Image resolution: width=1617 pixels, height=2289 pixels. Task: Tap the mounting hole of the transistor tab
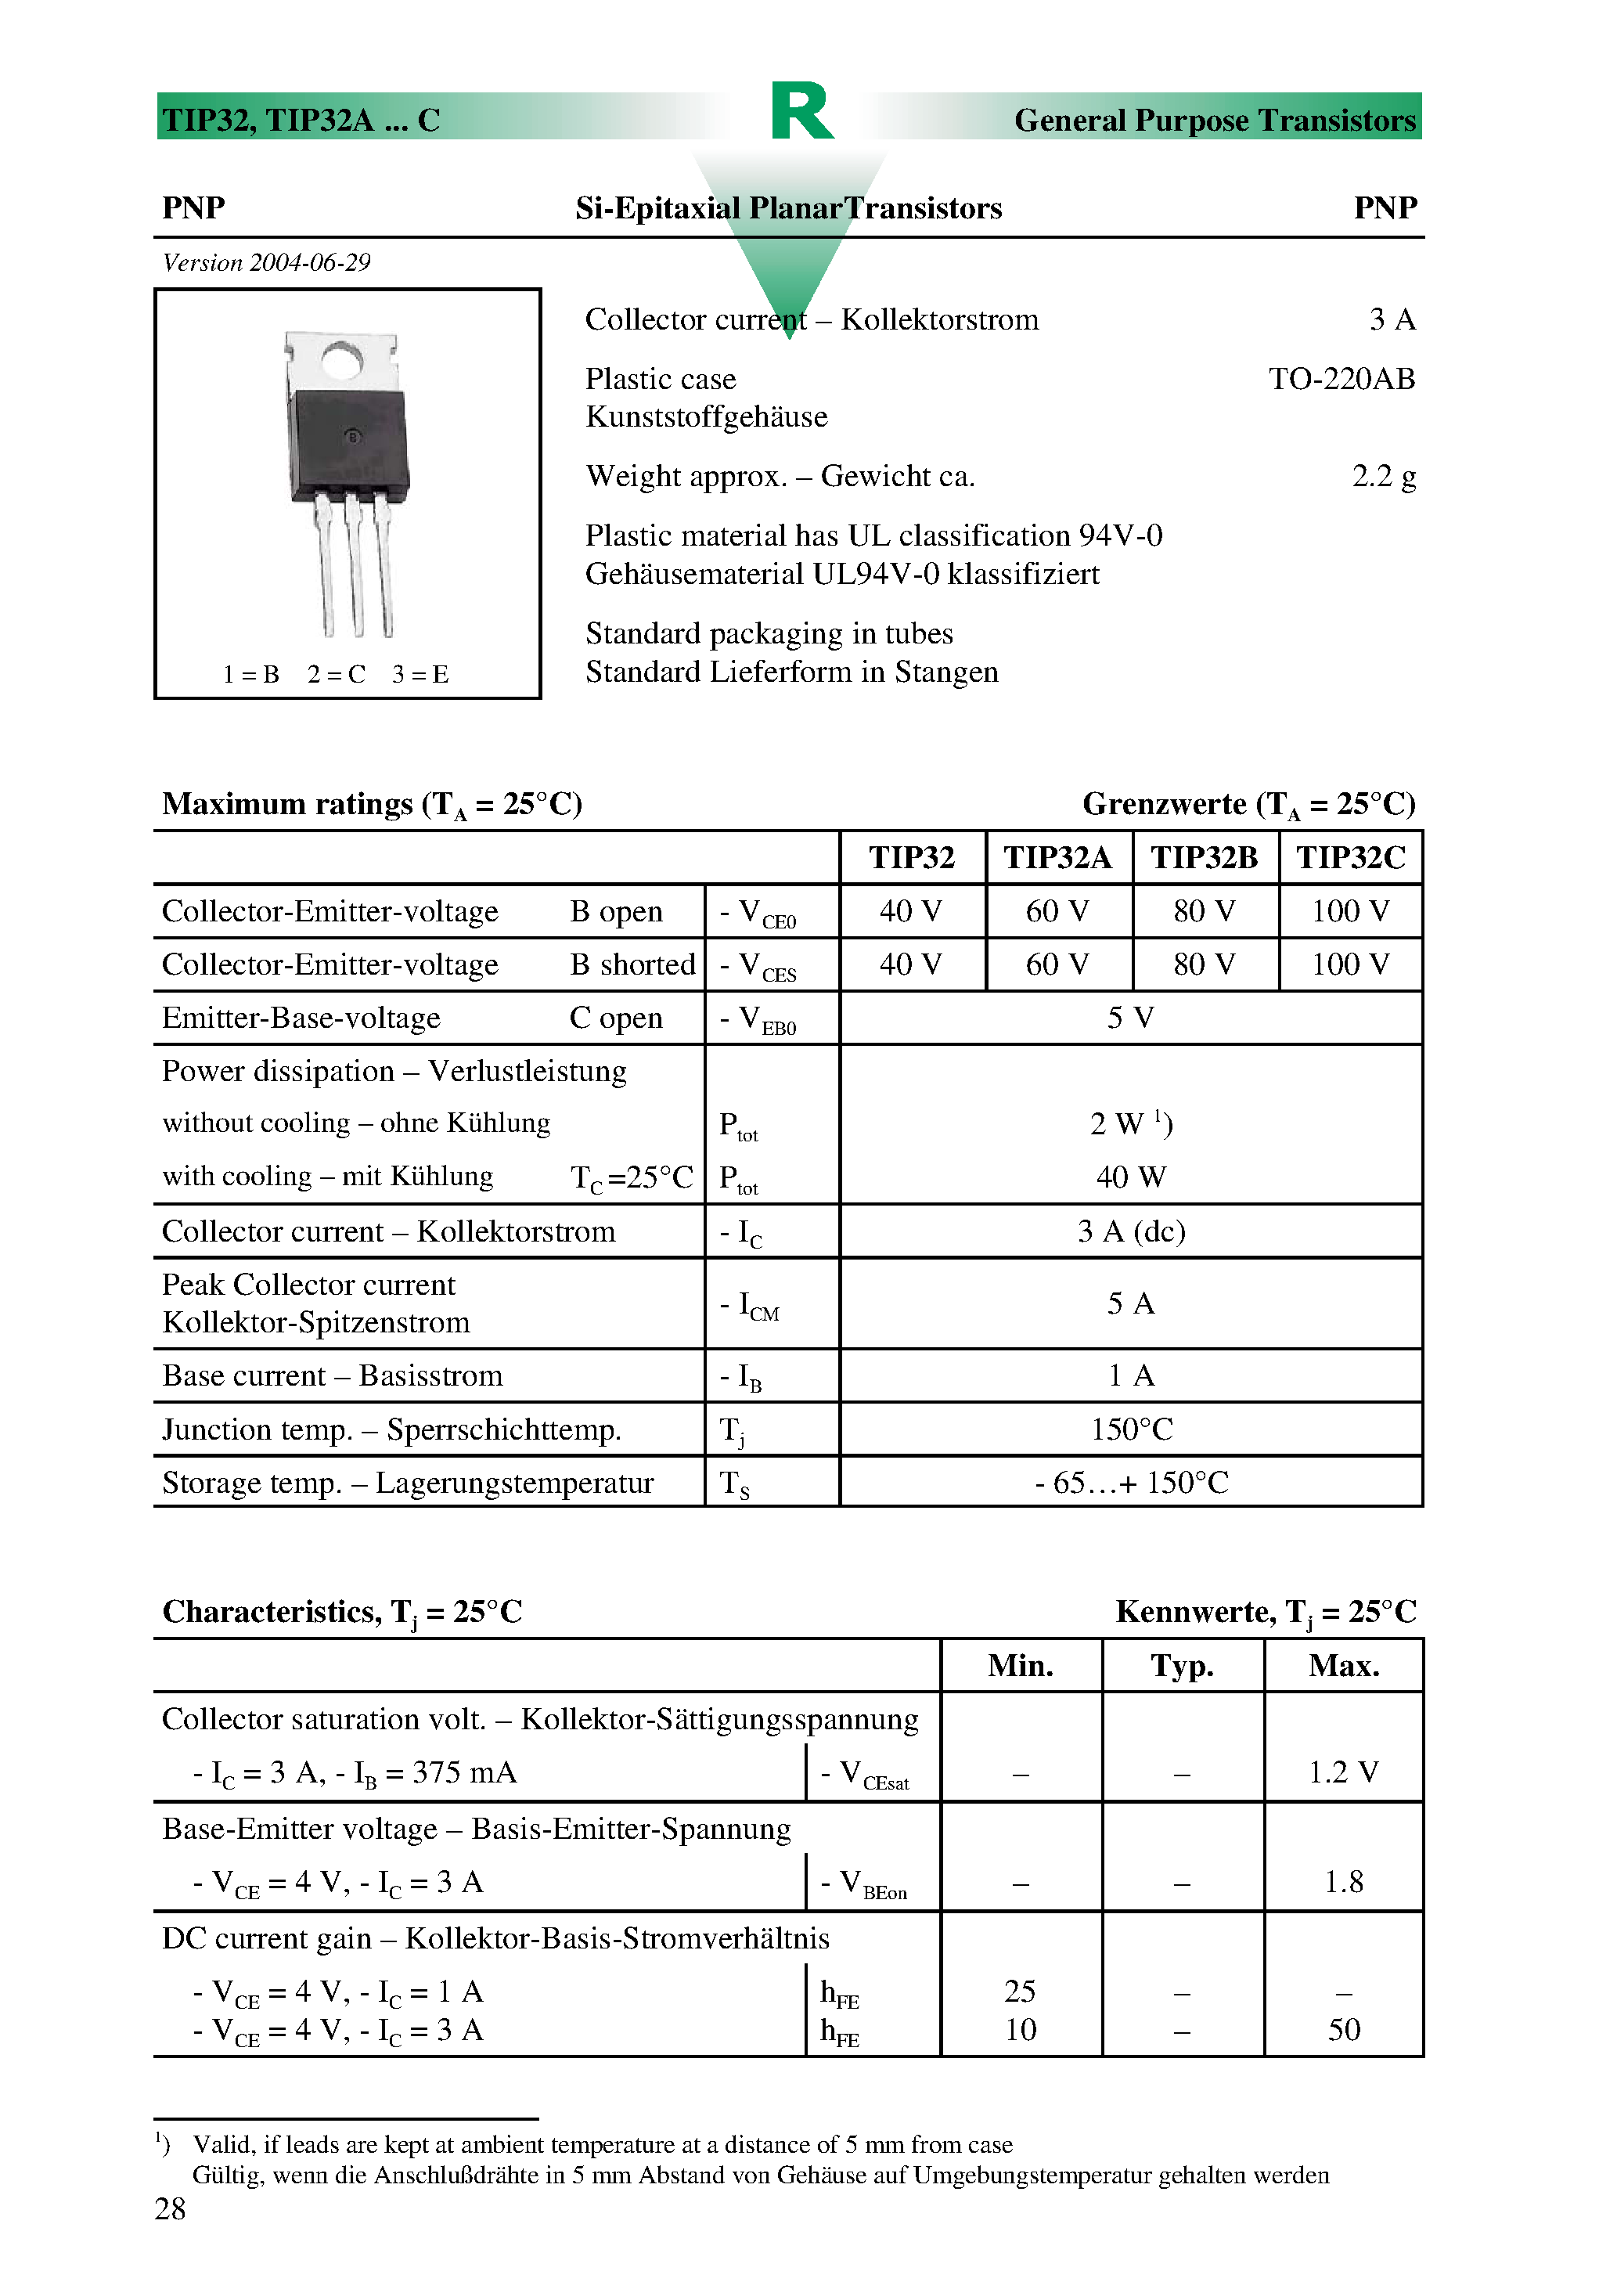[x=342, y=360]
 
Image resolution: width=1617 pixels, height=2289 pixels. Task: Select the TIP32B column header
[x=1205, y=857]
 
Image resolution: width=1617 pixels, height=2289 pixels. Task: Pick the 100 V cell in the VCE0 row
[x=1350, y=911]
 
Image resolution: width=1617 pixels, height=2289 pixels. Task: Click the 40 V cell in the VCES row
[x=910, y=964]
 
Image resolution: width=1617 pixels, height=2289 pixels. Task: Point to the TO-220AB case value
[x=1341, y=379]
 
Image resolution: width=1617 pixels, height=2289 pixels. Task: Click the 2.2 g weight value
[x=1383, y=477]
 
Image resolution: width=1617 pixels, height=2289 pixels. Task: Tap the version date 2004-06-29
[x=309, y=263]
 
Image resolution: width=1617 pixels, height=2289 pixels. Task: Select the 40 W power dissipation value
[x=1130, y=1177]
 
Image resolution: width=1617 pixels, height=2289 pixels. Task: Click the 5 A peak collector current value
[x=1130, y=1304]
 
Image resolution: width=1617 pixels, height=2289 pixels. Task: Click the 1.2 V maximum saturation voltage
[x=1343, y=1772]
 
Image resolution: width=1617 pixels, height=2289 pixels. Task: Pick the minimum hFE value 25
[x=1020, y=1992]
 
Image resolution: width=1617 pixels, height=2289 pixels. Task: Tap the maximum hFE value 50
[x=1343, y=2030]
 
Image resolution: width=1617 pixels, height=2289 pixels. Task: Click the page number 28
[x=171, y=2209]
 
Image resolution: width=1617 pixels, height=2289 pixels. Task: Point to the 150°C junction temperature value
[x=1130, y=1429]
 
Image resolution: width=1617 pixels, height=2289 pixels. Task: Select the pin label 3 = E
[x=420, y=675]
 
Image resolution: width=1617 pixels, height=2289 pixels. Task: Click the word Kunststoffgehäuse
[x=706, y=416]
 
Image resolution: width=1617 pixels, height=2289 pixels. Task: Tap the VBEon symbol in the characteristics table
[x=863, y=1883]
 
